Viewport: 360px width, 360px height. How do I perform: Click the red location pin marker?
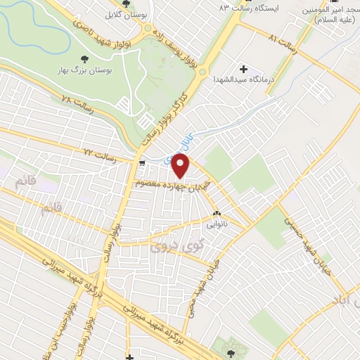[181, 166]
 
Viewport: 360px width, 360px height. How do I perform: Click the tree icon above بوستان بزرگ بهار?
[85, 60]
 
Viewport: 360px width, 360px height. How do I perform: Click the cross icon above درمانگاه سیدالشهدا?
[244, 69]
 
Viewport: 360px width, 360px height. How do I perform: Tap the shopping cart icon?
[143, 163]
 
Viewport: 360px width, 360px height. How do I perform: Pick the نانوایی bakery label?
[217, 226]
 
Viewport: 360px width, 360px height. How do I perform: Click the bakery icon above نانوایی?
[217, 214]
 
